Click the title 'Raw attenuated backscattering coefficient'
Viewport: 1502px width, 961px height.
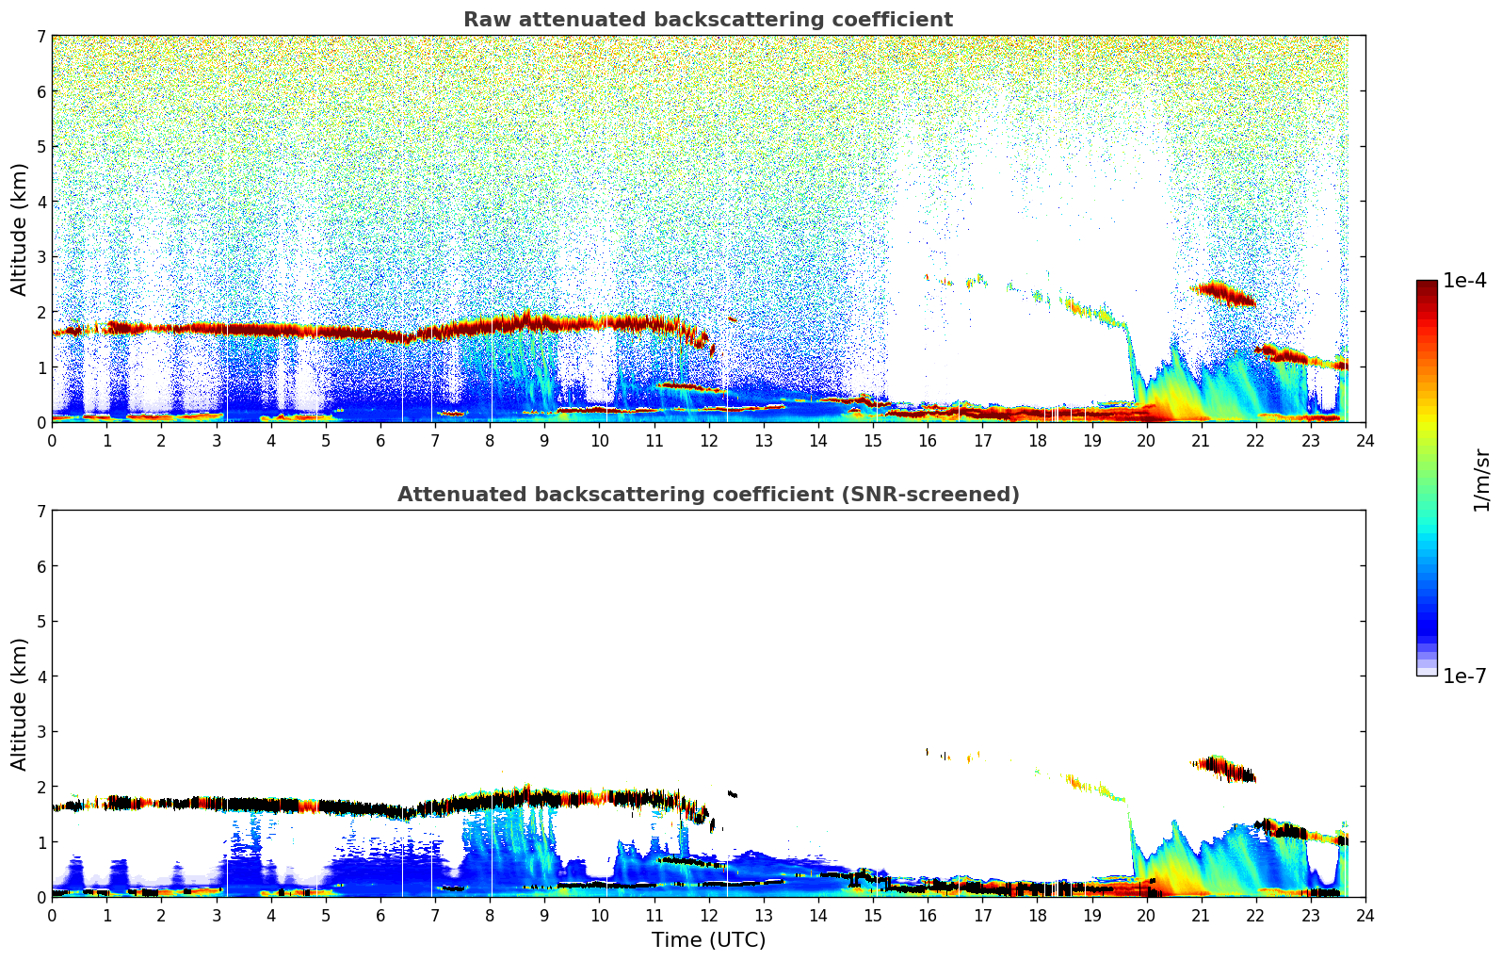coord(708,20)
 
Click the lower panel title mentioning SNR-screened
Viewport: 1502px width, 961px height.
coord(708,495)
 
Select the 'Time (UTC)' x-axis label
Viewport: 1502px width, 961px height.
coord(708,940)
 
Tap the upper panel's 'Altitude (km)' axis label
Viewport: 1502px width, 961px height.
coord(20,229)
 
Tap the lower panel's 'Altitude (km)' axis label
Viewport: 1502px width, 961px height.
coord(20,704)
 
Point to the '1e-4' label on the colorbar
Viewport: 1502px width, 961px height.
coord(1464,281)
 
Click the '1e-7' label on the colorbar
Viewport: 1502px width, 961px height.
coord(1464,676)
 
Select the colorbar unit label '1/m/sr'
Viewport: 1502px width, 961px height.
coord(1481,480)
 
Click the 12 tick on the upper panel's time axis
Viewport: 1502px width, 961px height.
coord(708,440)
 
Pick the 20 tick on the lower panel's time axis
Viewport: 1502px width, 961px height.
coord(1146,915)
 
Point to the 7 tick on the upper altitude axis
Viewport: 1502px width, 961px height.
coord(40,37)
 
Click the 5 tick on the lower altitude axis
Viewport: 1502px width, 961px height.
coord(40,622)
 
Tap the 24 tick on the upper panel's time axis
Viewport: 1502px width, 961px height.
coord(1365,440)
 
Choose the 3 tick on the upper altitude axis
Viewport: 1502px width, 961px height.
coord(40,257)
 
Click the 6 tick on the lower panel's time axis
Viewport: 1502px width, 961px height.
coord(380,915)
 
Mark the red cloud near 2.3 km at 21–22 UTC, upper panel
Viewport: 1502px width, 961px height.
coord(1223,294)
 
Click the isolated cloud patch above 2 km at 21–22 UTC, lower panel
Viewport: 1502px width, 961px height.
coord(1223,769)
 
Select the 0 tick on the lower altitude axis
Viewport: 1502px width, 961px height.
coord(40,897)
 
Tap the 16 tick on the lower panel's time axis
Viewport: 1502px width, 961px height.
coord(928,915)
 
